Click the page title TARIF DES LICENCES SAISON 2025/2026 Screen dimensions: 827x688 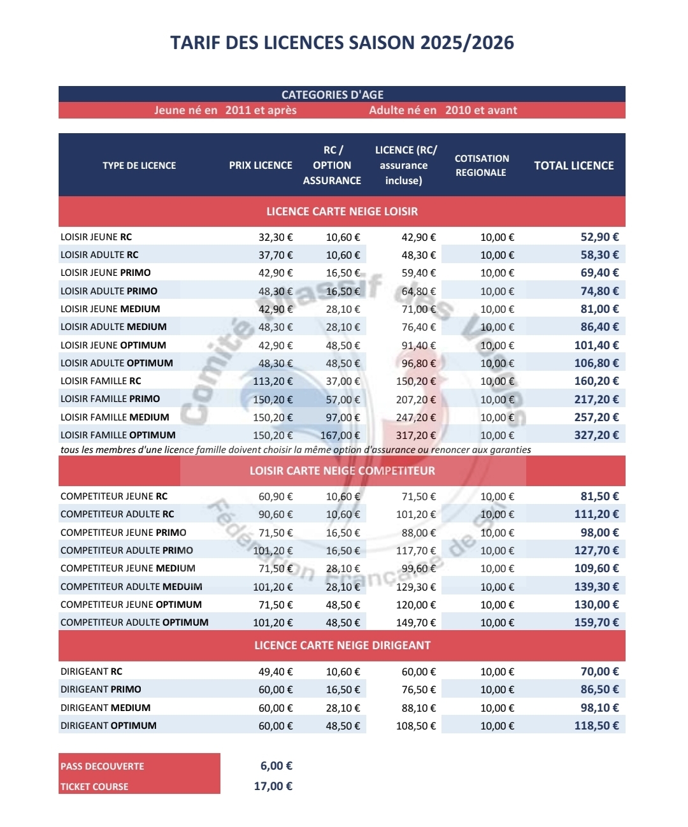(342, 43)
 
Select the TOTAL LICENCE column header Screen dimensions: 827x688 (573, 166)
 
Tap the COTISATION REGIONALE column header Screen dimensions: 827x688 (482, 166)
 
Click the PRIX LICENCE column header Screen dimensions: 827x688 (261, 166)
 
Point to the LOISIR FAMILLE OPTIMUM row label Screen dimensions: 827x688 (118, 435)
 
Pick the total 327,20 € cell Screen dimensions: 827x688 (596, 435)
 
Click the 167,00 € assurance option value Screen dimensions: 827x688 (340, 436)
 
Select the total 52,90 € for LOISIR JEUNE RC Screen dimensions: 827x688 (599, 237)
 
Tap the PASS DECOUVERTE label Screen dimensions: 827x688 (103, 766)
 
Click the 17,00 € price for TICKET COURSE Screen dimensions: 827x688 (273, 786)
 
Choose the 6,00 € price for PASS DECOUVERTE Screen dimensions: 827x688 (276, 766)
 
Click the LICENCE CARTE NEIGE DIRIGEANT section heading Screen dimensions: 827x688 (342, 645)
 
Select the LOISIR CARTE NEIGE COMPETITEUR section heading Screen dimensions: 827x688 (342, 471)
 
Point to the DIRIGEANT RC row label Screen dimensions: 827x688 (91, 672)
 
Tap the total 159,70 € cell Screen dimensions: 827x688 (596, 622)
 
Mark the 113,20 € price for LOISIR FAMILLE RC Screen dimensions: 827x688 (273, 381)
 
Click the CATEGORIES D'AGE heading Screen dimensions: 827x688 (333, 95)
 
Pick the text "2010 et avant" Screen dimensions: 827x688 (481, 110)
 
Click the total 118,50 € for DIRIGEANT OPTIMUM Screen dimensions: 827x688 (596, 726)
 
